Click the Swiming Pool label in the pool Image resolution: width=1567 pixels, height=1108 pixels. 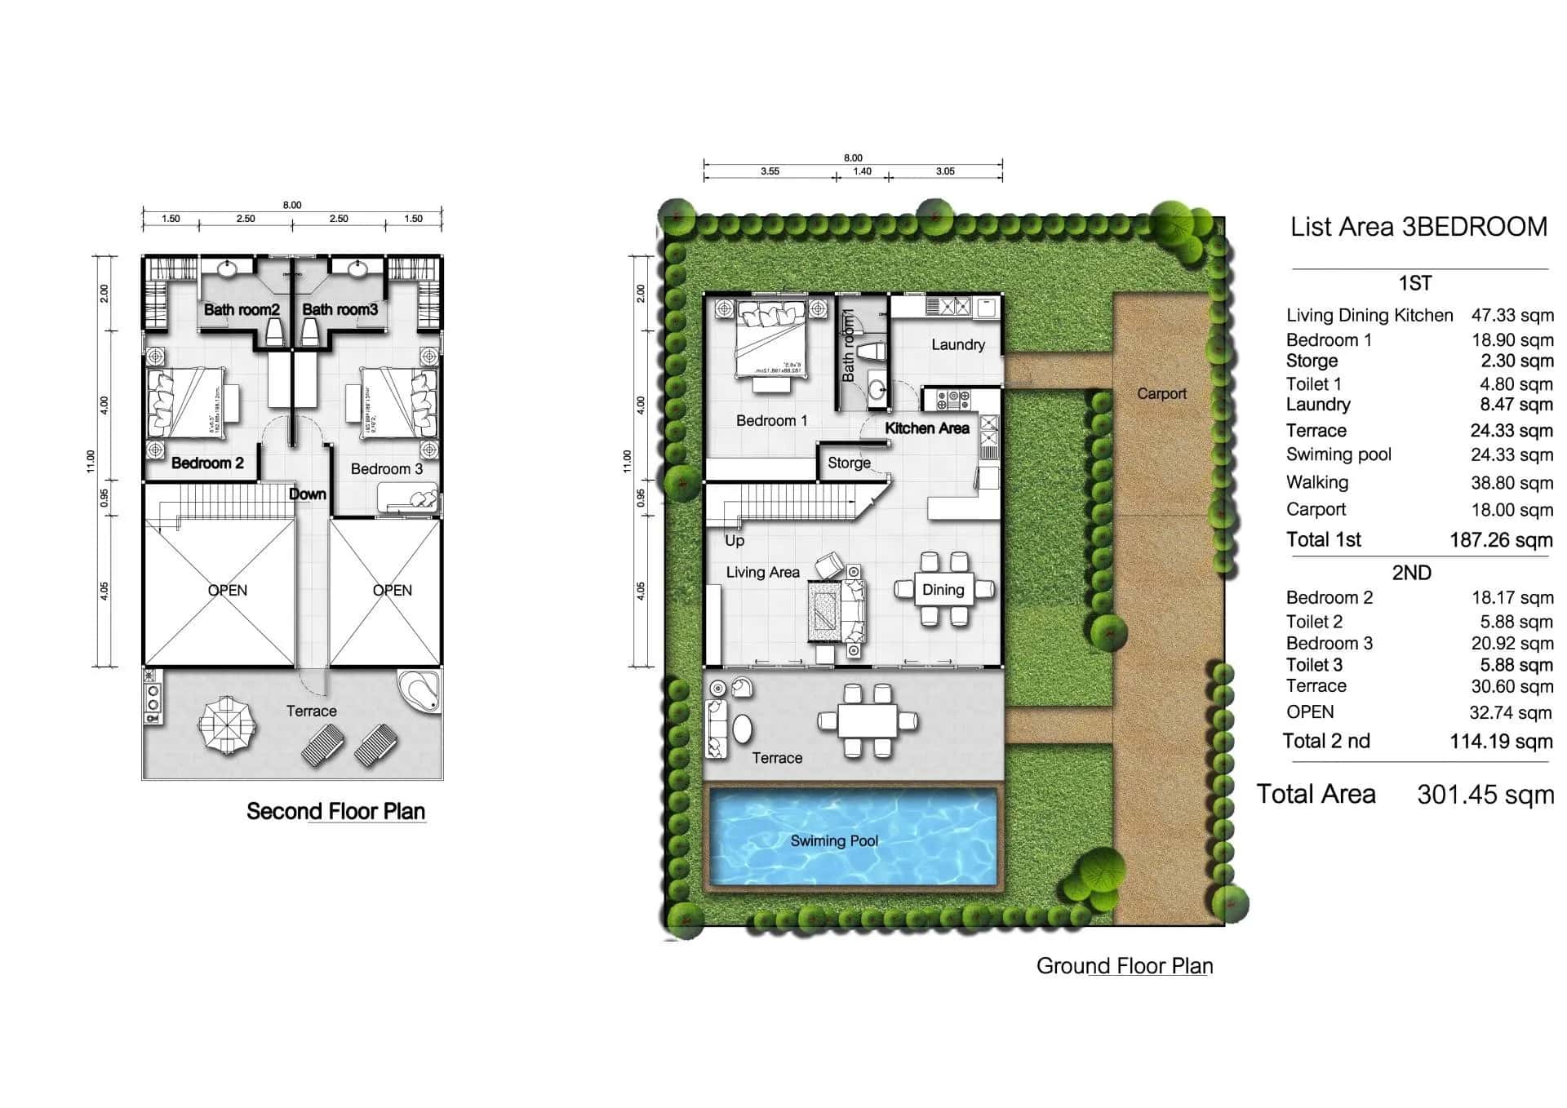834,840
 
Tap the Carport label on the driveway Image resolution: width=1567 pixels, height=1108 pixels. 1161,393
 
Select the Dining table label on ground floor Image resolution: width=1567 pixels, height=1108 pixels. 943,590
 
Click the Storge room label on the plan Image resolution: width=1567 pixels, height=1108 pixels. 849,463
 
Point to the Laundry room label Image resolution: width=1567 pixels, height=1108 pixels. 958,344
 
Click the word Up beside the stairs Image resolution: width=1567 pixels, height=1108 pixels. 735,540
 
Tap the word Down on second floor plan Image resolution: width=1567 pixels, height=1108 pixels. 308,494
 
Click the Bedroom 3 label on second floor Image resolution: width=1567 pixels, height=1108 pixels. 387,468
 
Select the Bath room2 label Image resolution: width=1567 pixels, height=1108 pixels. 242,309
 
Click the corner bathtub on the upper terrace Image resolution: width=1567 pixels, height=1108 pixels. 420,690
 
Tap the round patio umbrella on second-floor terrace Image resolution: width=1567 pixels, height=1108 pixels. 226,723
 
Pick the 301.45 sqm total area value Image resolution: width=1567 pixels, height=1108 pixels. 1485,795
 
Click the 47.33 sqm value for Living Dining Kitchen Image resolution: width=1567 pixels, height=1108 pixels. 1512,316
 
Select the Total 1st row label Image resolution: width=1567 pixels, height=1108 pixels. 1324,539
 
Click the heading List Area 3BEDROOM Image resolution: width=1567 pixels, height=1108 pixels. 1418,227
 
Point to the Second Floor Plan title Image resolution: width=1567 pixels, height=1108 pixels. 335,811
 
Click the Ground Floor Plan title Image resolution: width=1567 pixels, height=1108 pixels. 1124,966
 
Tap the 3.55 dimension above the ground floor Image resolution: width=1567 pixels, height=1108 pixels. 770,171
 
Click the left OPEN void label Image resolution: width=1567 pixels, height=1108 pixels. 227,590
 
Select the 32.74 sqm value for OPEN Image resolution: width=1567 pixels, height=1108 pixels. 1511,713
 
